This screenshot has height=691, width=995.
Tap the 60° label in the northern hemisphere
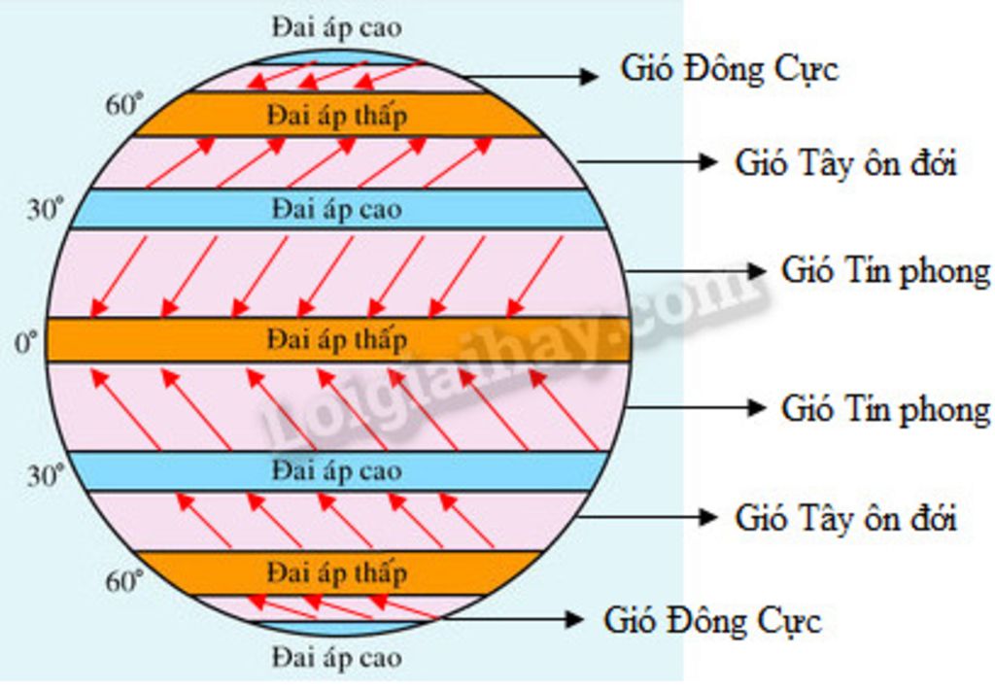123,104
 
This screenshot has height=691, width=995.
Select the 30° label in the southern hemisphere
45,475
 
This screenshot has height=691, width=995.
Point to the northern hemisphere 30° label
45,209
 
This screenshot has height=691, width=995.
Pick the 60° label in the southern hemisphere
123,582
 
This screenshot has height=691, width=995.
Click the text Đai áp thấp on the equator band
336,340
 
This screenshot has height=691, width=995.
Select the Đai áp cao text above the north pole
336,27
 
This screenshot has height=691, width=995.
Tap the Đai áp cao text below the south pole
336,657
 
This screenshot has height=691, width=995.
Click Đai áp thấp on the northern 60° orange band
336,116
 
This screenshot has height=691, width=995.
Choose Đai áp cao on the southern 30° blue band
336,471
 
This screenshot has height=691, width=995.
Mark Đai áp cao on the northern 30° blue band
336,208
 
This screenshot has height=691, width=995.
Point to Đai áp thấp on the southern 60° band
336,571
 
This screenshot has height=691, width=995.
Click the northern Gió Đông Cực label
729,70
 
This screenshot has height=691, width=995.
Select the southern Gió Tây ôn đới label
845,517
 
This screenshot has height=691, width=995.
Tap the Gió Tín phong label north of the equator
885,271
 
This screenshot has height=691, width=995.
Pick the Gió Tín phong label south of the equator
885,409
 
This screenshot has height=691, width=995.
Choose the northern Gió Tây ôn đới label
845,162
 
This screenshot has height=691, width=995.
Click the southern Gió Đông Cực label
712,620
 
